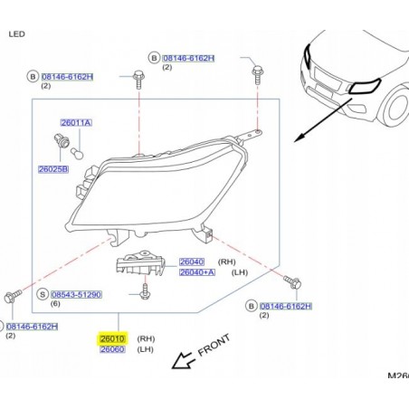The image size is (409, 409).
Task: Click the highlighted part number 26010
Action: pos(112,338)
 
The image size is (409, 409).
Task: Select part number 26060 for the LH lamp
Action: pos(112,349)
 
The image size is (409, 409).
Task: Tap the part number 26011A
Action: pos(76,123)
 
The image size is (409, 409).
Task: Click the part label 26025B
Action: pos(53,169)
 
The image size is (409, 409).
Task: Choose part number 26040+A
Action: pos(197,272)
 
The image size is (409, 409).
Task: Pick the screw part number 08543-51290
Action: pos(76,294)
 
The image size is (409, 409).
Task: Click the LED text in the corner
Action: pos(17,34)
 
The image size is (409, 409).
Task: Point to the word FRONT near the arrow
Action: pos(214,345)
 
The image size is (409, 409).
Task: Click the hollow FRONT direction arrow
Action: pos(182,360)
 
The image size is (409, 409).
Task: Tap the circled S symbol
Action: pos(43,294)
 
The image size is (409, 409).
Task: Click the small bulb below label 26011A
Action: pos(77,153)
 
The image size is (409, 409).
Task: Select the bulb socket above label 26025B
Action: pos(62,140)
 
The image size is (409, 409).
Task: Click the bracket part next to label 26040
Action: pos(140,262)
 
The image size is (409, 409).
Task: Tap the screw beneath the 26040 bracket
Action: pos(146,291)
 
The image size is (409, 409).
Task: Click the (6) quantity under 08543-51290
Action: pos(55,304)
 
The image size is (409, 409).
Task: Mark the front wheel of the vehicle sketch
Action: pos(395,106)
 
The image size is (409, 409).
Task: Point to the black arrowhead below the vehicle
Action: pos(299,138)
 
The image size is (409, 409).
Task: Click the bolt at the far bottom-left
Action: pos(13,296)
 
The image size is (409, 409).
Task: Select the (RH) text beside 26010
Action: pos(146,338)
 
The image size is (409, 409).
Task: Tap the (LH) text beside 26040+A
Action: pos(240,272)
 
